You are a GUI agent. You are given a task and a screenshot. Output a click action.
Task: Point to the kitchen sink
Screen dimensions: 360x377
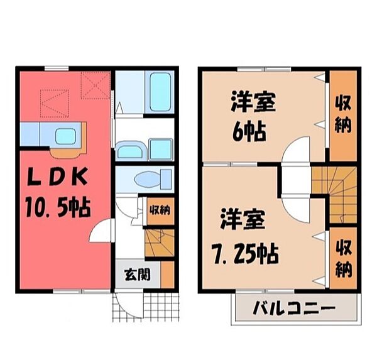65,136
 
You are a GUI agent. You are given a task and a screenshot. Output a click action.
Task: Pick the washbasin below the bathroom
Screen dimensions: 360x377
131,151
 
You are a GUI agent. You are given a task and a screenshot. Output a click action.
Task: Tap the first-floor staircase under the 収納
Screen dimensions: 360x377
159,242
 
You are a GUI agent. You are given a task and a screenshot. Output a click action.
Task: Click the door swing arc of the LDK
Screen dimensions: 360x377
101,232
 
